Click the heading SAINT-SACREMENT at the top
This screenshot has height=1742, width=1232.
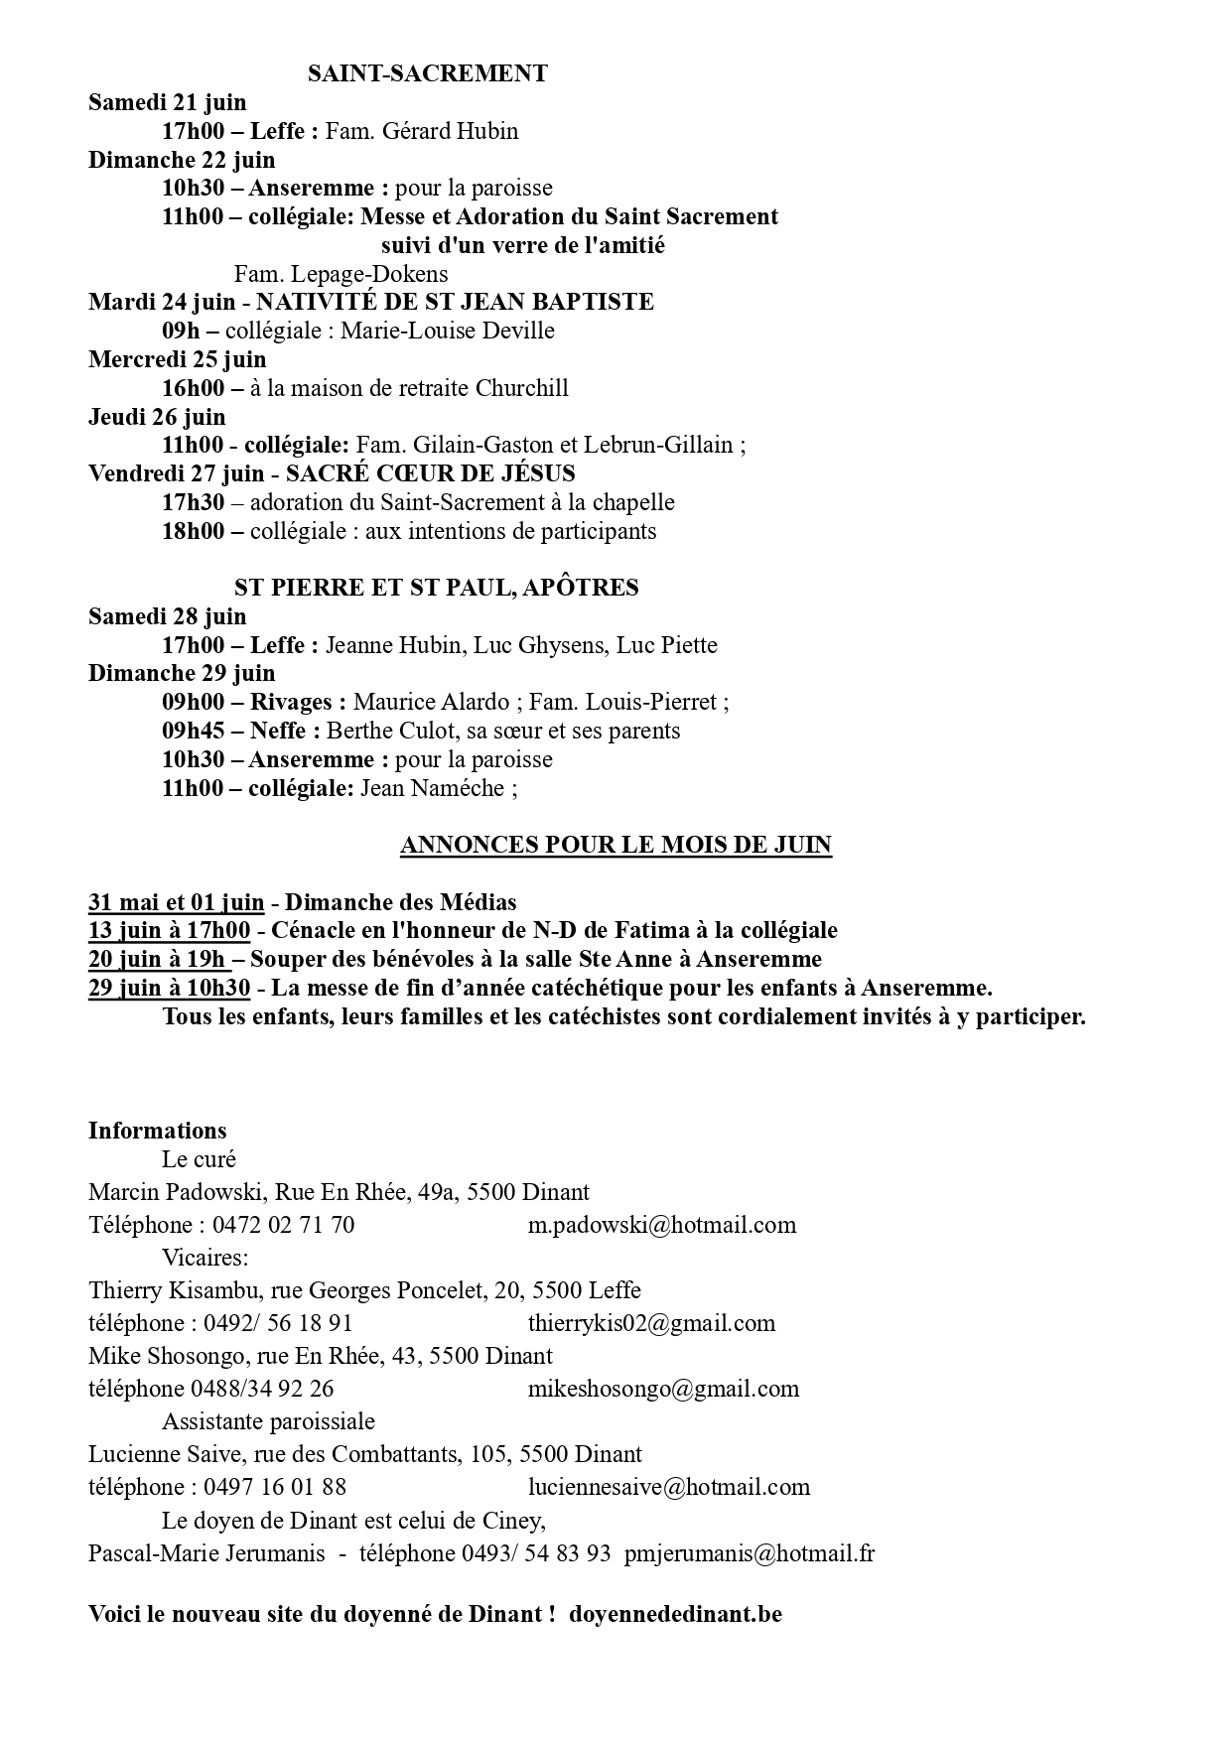point(427,73)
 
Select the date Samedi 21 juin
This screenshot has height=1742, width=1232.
point(167,102)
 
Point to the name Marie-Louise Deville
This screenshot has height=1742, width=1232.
point(447,331)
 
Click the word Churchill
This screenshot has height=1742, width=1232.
point(522,388)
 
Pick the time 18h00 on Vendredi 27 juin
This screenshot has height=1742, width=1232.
point(194,531)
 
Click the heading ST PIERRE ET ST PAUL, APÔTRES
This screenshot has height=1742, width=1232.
point(436,588)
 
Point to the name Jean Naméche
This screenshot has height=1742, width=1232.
point(432,789)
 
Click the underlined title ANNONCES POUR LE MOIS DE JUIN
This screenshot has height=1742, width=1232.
point(616,845)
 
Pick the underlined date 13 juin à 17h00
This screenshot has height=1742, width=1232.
point(169,931)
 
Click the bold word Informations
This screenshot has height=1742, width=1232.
point(157,1131)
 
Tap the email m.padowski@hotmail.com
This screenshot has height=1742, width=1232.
point(662,1225)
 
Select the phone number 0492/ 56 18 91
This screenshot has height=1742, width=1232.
point(278,1323)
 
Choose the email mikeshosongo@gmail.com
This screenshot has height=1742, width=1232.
point(663,1389)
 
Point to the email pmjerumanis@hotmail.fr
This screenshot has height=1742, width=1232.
point(750,1553)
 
